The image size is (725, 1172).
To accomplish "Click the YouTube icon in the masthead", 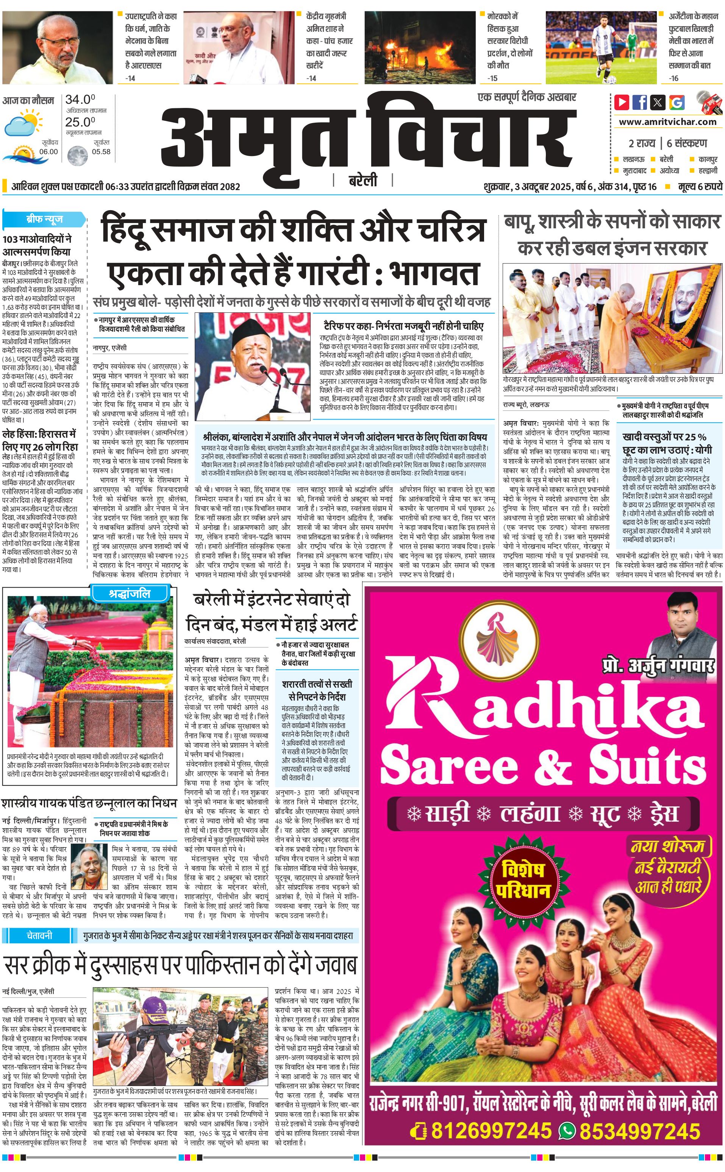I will (622, 102).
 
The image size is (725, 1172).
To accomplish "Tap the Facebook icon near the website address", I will (640, 102).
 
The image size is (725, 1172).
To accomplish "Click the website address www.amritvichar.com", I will (667, 122).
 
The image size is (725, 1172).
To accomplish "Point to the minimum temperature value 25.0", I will (80, 122).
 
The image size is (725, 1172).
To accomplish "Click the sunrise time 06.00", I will (48, 151).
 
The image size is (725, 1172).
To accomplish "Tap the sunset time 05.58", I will (101, 151).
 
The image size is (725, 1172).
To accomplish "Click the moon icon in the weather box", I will (77, 155).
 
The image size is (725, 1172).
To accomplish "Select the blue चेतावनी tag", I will (39, 935).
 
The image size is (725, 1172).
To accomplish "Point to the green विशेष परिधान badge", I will (523, 880).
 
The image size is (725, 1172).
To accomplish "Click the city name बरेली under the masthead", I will (363, 181).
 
